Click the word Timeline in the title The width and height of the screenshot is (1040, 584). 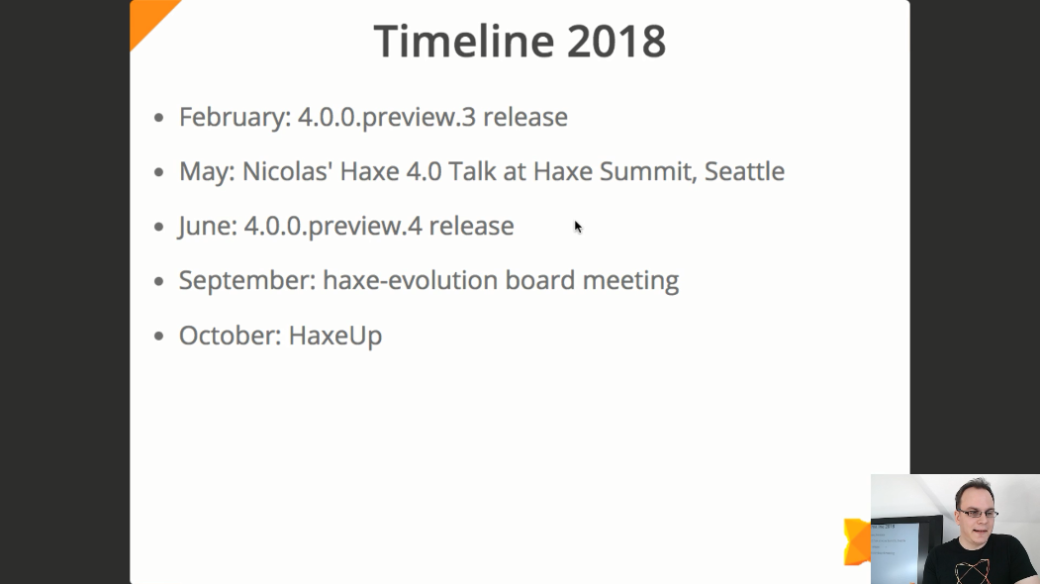coord(464,41)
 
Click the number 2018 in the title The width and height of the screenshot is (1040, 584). coord(616,42)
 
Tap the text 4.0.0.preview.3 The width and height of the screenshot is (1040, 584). coord(387,118)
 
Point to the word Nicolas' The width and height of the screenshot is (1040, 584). coord(287,171)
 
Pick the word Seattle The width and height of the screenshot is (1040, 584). coord(744,171)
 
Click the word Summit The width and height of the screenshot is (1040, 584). coord(648,172)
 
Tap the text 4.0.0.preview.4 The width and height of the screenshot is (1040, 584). coord(332,227)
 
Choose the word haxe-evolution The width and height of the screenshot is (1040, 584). coord(410,280)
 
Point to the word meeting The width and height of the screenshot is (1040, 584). coord(630,281)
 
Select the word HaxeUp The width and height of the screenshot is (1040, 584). coord(335,336)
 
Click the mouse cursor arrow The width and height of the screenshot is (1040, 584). coord(578,227)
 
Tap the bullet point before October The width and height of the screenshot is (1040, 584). coord(158,336)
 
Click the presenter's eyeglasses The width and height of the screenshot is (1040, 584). coord(978,513)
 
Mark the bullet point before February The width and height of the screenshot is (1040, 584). coord(158,118)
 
